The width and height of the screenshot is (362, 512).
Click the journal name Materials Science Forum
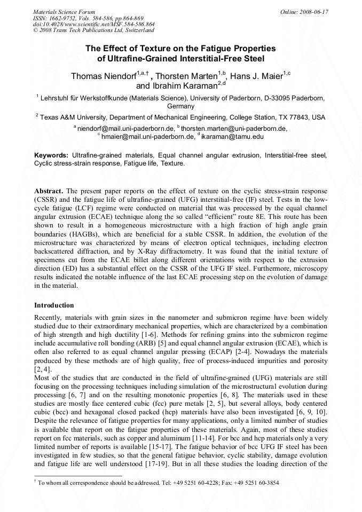click(64, 11)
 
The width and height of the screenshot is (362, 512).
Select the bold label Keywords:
click(52, 155)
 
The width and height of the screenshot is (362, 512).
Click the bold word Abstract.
click(49, 191)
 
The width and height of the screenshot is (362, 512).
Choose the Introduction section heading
click(54, 305)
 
